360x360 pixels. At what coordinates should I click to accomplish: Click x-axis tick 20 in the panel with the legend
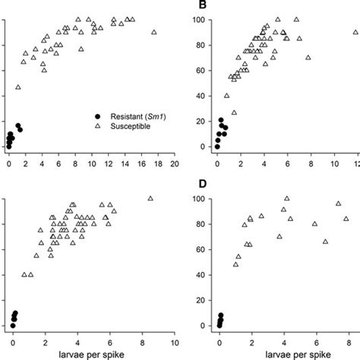pyautogui.click(x=174, y=163)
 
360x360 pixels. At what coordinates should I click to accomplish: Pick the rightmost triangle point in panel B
pyautogui.click(x=355, y=32)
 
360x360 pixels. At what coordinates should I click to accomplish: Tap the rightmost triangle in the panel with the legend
pyautogui.click(x=154, y=32)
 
